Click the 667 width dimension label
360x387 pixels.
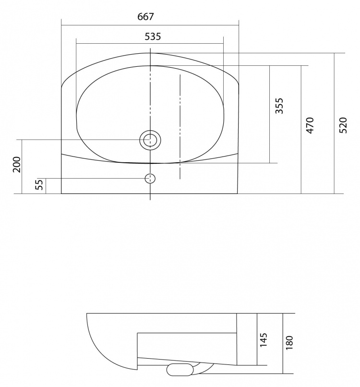[x=145, y=16]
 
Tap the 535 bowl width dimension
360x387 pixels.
[x=153, y=36]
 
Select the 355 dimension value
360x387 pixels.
[x=279, y=106]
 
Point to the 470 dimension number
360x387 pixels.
[x=310, y=125]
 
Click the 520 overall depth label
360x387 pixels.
[x=343, y=125]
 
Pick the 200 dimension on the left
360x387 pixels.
[x=17, y=164]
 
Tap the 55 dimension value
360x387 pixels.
[x=39, y=184]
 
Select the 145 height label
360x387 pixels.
[x=264, y=339]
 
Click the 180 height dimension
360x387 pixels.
[x=289, y=342]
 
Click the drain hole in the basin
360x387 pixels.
[x=150, y=140]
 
